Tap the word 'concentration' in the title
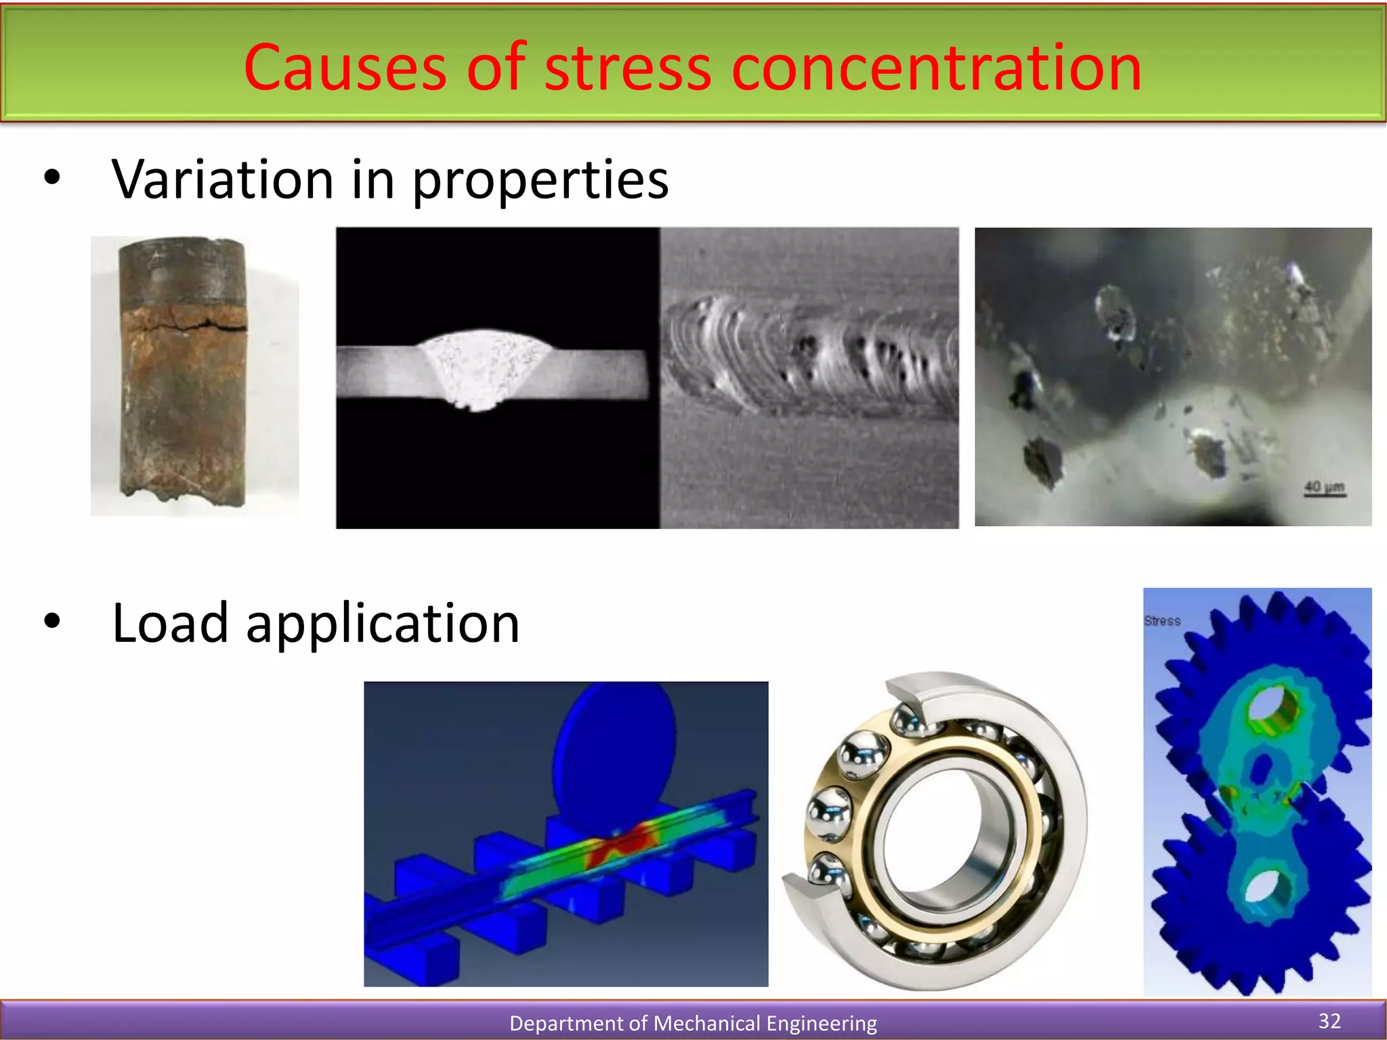936,68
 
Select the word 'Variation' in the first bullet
223,179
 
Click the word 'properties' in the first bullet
540,181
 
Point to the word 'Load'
170,623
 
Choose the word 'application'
383,624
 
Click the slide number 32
1329,1021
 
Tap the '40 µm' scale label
1324,487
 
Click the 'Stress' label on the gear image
1162,621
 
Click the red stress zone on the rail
616,846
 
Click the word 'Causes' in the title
345,68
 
